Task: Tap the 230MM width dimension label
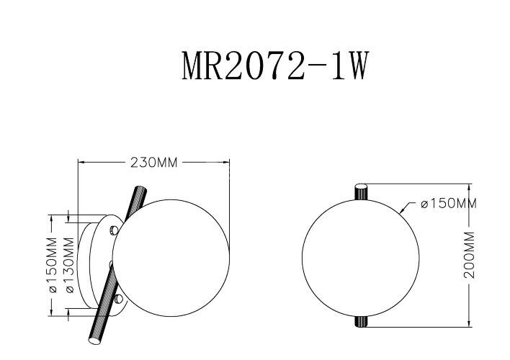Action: (153, 162)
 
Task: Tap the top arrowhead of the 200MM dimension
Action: (469, 185)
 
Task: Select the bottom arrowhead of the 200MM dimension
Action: (469, 327)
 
